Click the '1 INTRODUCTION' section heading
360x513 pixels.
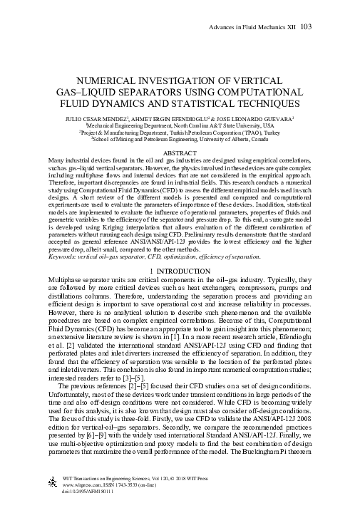pyautogui.click(x=180, y=271)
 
